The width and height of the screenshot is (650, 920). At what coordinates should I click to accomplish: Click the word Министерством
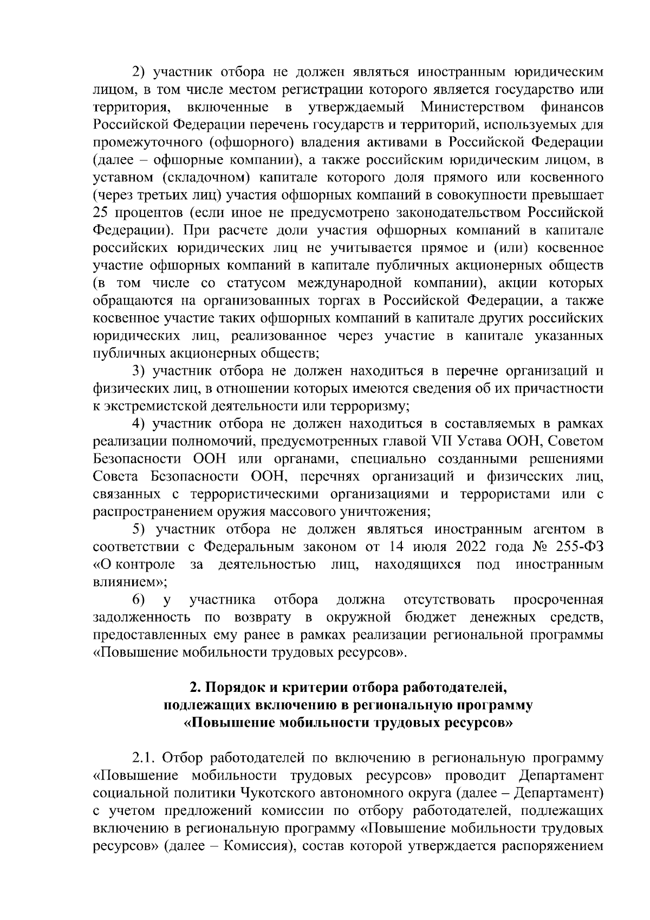tap(473, 107)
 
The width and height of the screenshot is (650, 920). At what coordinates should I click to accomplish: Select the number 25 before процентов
tap(101, 212)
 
